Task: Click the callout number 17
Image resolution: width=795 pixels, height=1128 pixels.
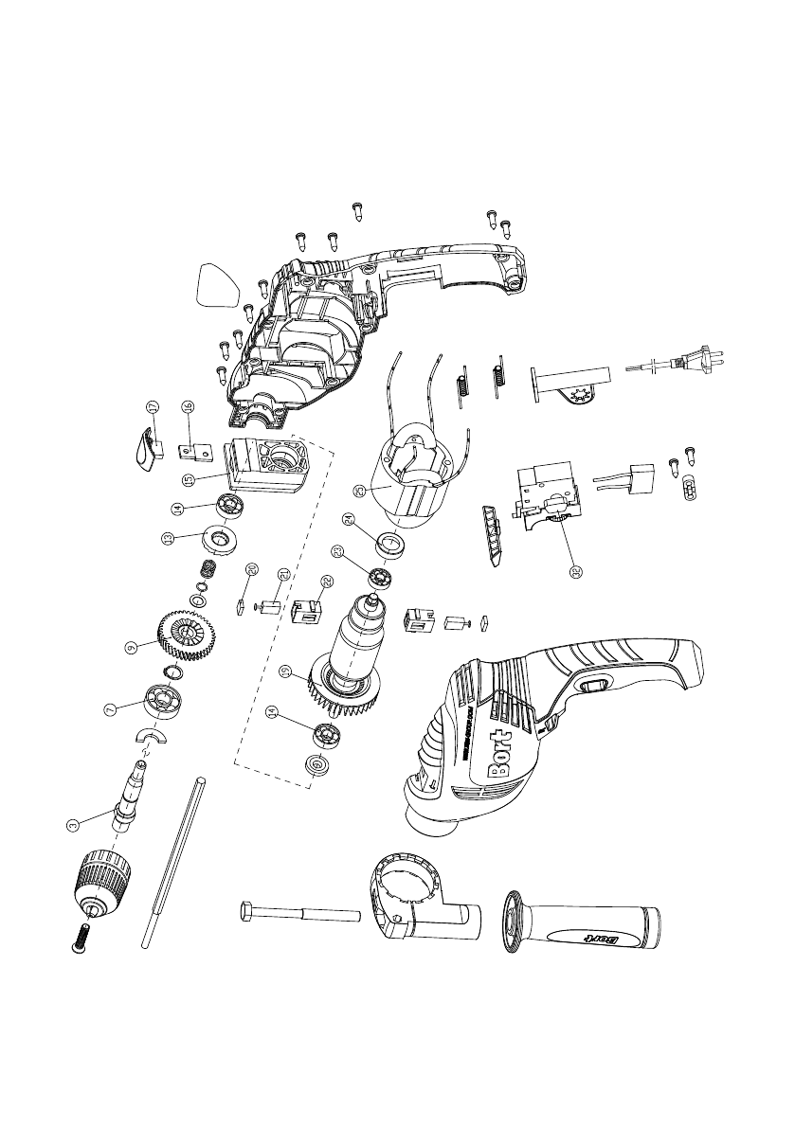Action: coord(152,407)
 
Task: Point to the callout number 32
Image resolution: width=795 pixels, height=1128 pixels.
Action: coord(573,571)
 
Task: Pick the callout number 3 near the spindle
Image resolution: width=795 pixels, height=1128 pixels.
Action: coord(71,825)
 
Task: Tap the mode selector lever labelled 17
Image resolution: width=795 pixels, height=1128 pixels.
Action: coord(143,447)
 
